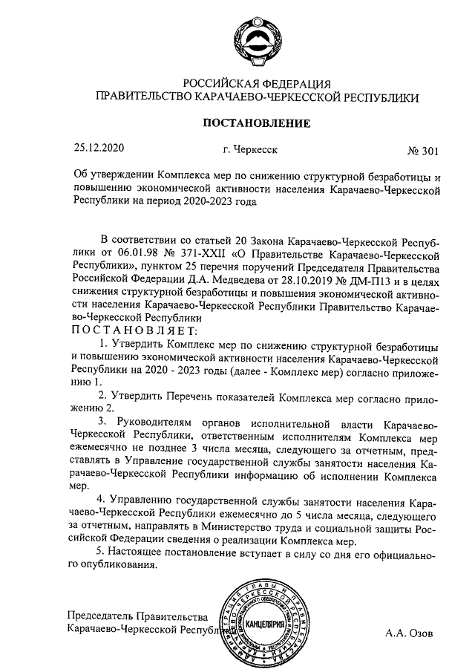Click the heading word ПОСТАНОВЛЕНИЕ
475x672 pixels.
coord(257,123)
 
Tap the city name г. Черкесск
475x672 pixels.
coord(250,149)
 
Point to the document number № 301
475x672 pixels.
coord(423,151)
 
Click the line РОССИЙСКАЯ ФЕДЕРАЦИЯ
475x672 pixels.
coord(257,82)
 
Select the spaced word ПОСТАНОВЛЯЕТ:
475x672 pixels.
coord(131,330)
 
